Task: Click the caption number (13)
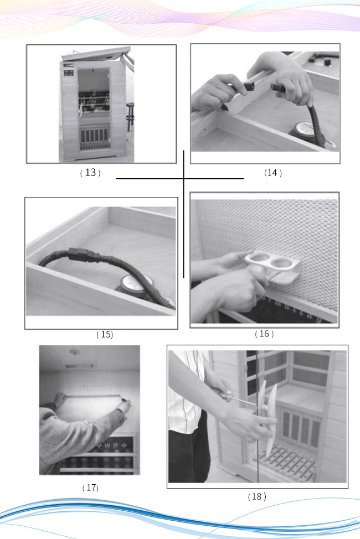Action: pos(90,173)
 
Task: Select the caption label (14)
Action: pos(272,173)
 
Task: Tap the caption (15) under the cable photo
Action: pos(105,334)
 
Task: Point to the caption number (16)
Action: pos(264,334)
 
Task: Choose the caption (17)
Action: pos(90,488)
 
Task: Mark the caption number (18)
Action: pos(256,496)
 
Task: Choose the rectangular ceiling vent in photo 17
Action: pos(79,365)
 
